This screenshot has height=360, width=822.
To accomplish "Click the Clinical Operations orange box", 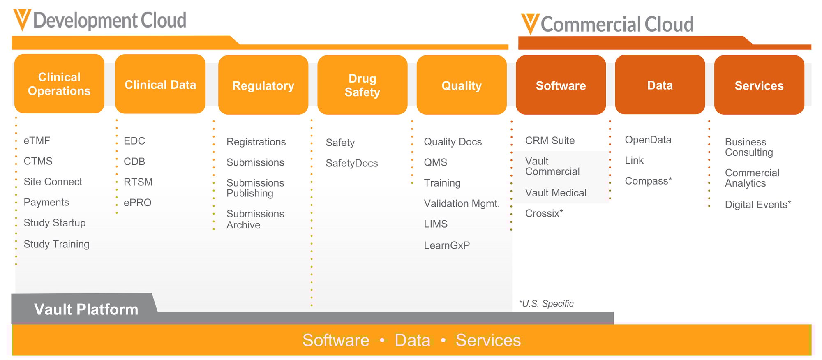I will pyautogui.click(x=59, y=84).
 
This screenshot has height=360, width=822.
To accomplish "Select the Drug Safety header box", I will pyautogui.click(x=362, y=85).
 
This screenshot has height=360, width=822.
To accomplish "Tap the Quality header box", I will pyautogui.click(x=461, y=85).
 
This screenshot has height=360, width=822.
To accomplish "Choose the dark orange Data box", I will pyautogui.click(x=660, y=85).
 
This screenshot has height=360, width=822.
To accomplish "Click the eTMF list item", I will pyautogui.click(x=37, y=141).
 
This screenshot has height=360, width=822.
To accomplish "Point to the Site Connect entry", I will pyautogui.click(x=53, y=182).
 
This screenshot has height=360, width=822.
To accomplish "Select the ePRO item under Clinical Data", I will pyautogui.click(x=137, y=203).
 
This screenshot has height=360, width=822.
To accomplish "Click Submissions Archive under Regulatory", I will pyautogui.click(x=255, y=219).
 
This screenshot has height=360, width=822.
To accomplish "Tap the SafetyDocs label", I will pyautogui.click(x=351, y=163).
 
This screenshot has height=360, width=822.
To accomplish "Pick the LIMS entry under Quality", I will pyautogui.click(x=435, y=224).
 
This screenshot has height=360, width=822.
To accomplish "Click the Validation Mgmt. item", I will pyautogui.click(x=462, y=203).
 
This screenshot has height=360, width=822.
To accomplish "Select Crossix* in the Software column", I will pyautogui.click(x=544, y=213).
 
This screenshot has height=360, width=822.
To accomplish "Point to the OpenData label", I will pyautogui.click(x=648, y=140).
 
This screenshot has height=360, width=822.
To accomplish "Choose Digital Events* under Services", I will pyautogui.click(x=757, y=205).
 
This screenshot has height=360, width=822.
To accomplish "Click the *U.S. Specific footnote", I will pyautogui.click(x=546, y=304).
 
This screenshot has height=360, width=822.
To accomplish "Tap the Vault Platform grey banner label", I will pyautogui.click(x=86, y=309).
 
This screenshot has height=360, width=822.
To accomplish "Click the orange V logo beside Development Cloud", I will pyautogui.click(x=22, y=20).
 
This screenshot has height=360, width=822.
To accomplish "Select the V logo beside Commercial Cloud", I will pyautogui.click(x=530, y=23).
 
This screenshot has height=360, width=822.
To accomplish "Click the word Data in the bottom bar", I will pyautogui.click(x=412, y=340).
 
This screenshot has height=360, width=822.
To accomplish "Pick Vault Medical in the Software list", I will pyautogui.click(x=555, y=193).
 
